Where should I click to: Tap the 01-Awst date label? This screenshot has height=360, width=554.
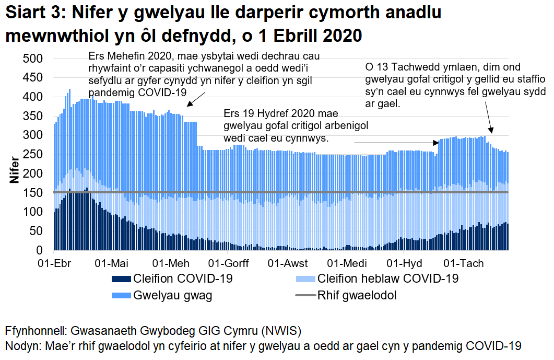[290, 262]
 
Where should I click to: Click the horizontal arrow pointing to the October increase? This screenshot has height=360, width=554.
[397, 142]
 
